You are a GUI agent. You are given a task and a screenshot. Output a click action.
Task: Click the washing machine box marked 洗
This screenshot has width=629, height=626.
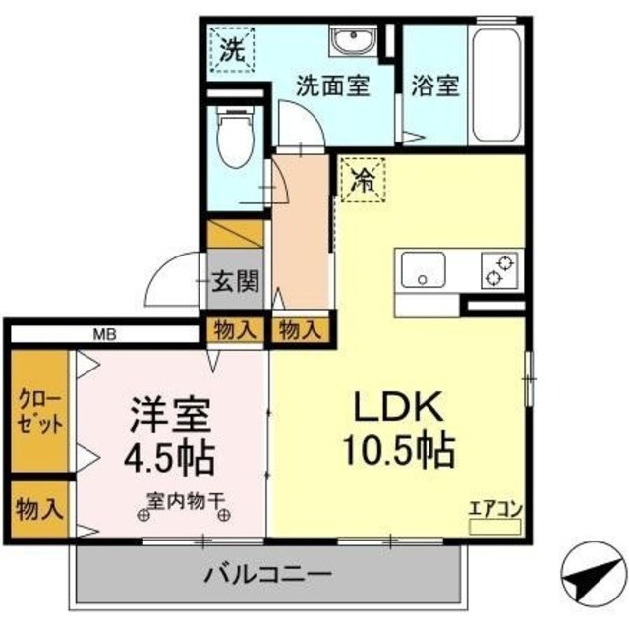click(231, 51)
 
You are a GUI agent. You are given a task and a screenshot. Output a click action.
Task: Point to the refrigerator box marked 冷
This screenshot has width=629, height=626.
click(363, 181)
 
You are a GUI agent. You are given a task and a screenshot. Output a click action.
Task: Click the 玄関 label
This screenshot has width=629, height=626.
click(235, 282)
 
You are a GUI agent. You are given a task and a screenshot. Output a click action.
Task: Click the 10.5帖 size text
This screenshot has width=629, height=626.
click(397, 451)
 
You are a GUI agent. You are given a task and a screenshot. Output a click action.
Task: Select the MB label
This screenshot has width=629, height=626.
click(105, 334)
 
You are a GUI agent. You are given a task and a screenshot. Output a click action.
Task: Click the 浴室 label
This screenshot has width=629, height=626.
click(434, 85)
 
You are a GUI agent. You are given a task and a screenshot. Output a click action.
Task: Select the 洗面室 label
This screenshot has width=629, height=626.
click(333, 85)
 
